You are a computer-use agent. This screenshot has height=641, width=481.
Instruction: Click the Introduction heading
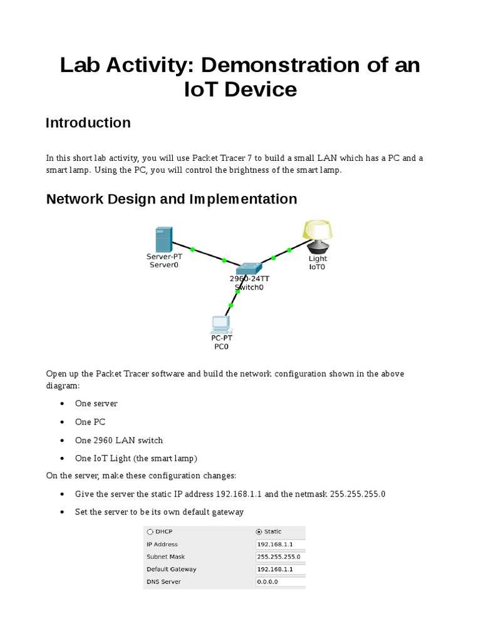point(88,123)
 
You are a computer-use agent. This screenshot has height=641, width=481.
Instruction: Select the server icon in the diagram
point(162,240)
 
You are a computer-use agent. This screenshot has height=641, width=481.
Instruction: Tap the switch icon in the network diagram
point(248,267)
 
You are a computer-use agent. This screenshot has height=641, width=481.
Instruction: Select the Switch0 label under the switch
point(249,288)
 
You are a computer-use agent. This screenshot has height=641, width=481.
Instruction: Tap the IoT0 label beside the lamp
point(318,267)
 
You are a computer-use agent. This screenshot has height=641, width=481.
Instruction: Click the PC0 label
point(220,346)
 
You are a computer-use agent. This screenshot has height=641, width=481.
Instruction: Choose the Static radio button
point(260,531)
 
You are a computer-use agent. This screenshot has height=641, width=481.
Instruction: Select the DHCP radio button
point(149,531)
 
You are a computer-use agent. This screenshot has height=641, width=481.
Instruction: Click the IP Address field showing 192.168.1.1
point(280,544)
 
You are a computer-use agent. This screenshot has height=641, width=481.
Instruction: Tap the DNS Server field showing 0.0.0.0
point(280,582)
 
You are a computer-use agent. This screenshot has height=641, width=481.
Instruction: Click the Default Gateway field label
point(171,569)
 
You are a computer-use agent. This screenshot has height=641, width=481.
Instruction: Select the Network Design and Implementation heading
point(172,199)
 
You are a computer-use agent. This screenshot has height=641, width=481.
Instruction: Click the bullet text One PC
point(90,422)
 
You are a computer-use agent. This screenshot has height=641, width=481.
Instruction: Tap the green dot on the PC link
point(230,305)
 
